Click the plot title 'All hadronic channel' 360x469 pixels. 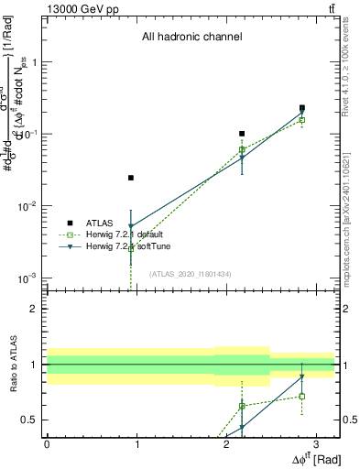click(191, 38)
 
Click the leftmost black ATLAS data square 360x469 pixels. click(131, 178)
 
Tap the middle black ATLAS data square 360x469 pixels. click(242, 134)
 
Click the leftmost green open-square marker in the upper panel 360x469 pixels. click(131, 246)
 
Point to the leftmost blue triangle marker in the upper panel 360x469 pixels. click(131, 226)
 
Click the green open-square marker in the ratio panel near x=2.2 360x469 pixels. click(242, 406)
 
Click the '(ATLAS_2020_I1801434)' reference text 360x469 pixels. click(191, 273)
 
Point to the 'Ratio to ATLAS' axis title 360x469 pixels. click(13, 365)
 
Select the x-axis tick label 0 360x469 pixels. click(47, 443)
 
